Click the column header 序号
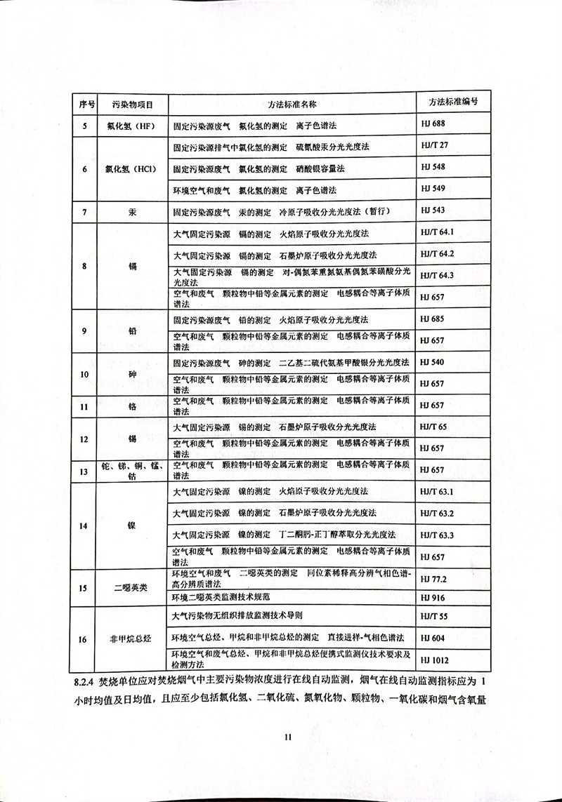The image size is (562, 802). pos(86,103)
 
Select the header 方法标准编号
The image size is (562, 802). pos(453,102)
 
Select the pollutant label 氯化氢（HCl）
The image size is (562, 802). pos(131,169)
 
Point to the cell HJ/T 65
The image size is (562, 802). pos(433,427)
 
